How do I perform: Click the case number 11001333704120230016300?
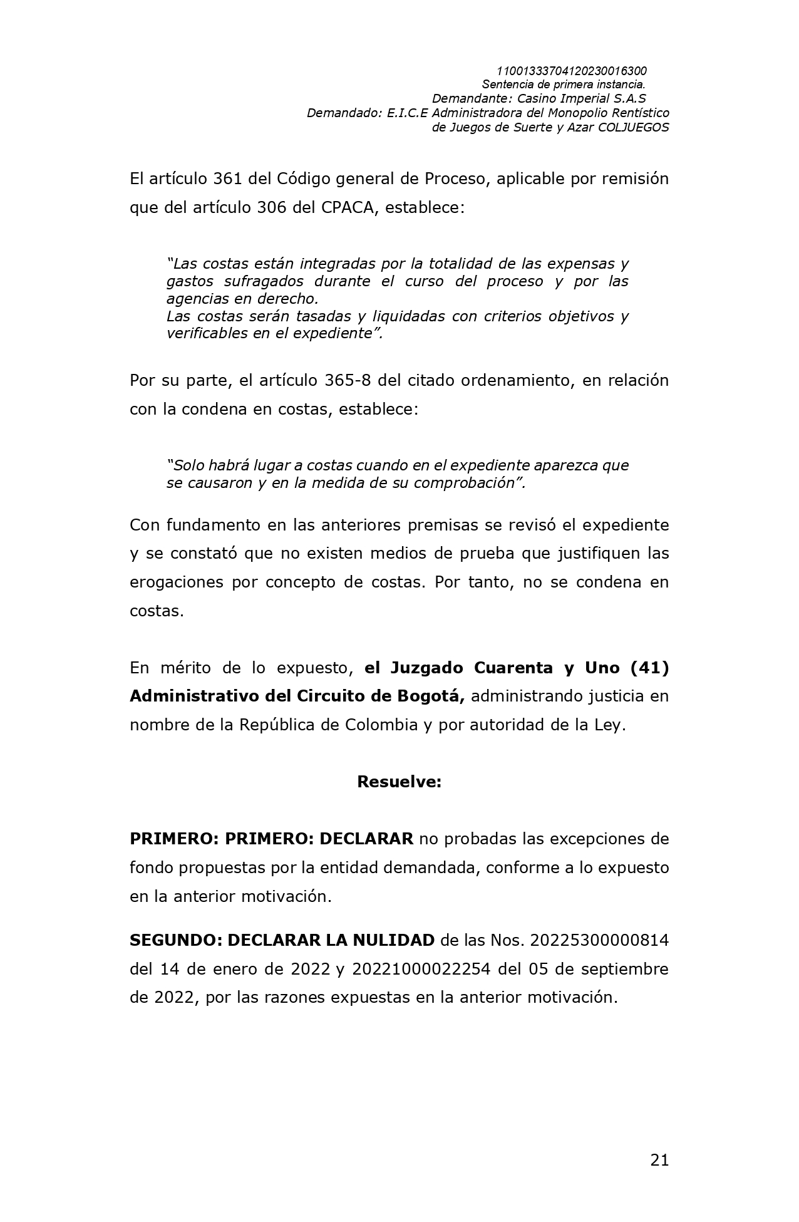[571, 71]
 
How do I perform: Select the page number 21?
[659, 1160]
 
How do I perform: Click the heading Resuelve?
[399, 782]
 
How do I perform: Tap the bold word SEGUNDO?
[175, 940]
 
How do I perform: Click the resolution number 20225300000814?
[599, 940]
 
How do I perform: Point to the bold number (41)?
[649, 668]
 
